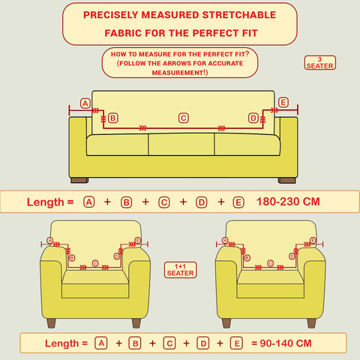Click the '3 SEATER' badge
[319, 63]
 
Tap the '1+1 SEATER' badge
[180, 270]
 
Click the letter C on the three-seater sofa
[184, 118]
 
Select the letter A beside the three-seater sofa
[85, 103]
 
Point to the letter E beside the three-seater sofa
[283, 102]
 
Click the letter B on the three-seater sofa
[112, 118]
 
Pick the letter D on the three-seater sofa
[253, 118]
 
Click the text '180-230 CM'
[288, 202]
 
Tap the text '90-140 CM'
[286, 343]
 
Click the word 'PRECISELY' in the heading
[111, 15]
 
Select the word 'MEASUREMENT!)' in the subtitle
[180, 73]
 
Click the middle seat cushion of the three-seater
[181, 145]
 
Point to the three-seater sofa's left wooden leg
[79, 180]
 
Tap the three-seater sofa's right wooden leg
[287, 180]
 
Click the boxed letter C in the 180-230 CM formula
[164, 202]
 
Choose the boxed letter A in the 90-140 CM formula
[101, 343]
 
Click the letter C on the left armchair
[95, 263]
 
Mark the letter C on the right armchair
[270, 263]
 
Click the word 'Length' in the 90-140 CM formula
[61, 343]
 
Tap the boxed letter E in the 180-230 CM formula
[238, 202]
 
